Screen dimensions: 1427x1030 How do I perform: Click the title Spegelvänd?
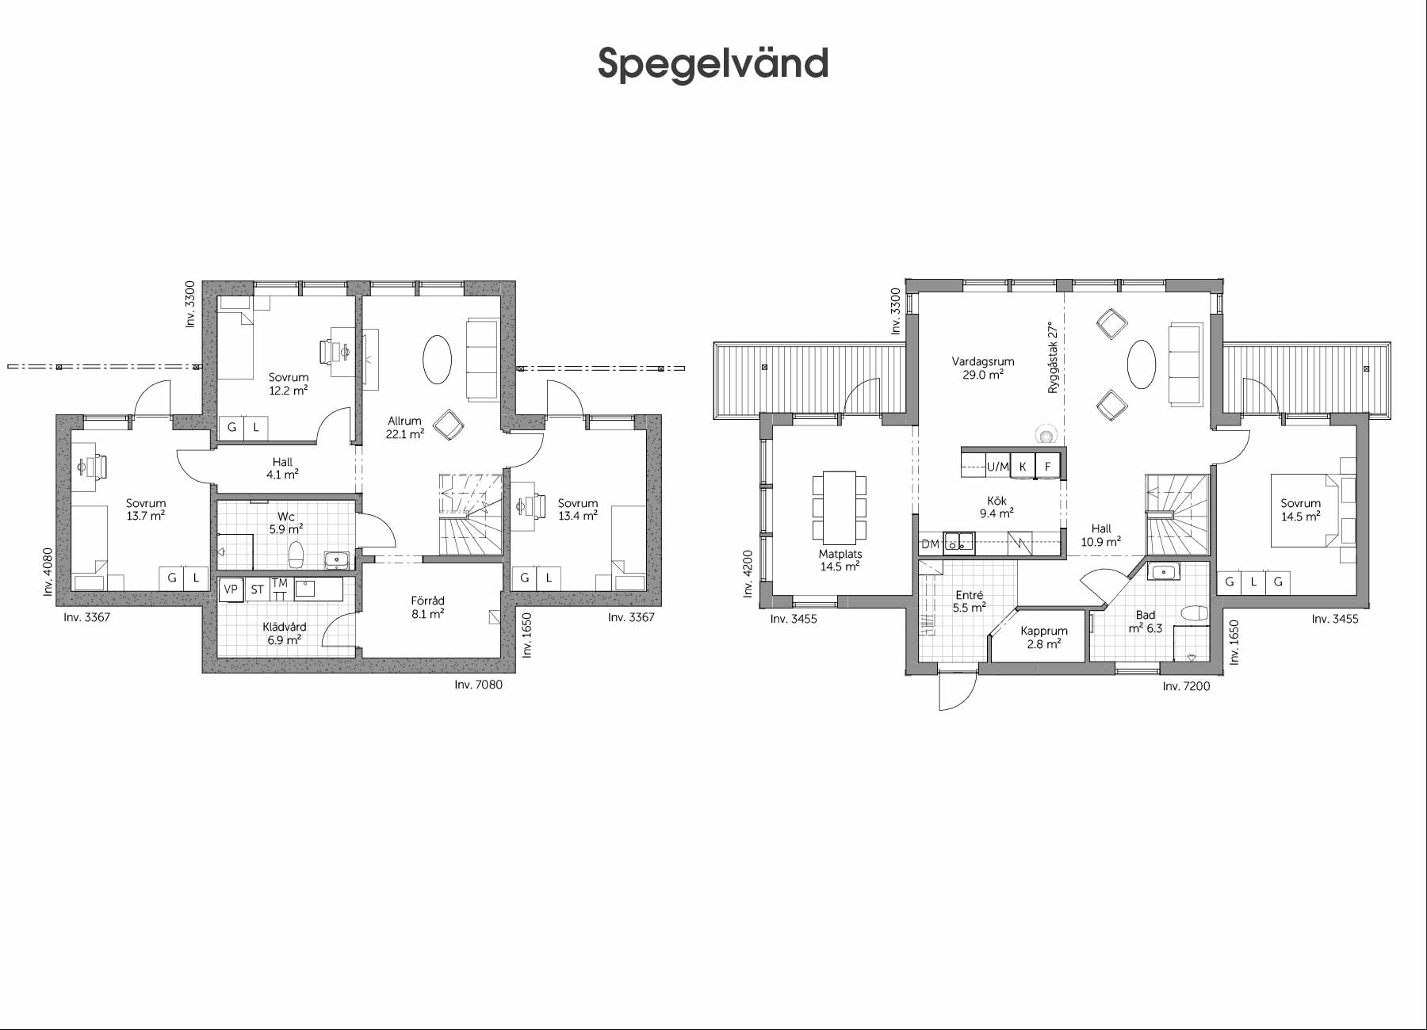(713, 63)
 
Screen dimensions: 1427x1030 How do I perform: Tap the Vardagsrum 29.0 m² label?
(982, 368)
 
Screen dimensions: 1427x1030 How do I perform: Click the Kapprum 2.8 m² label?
(1044, 638)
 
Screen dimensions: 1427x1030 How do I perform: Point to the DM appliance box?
(930, 544)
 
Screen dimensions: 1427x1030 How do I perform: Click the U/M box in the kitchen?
(997, 467)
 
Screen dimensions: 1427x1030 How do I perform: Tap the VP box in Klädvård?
(231, 589)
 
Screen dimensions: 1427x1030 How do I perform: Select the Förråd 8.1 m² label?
(427, 607)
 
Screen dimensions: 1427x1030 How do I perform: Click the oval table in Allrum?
(437, 359)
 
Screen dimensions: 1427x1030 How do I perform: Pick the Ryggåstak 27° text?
(1053, 357)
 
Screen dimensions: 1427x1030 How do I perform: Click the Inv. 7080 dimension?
(478, 685)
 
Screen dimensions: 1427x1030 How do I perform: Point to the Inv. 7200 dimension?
(1187, 686)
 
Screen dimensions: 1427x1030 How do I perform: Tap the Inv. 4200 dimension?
(747, 574)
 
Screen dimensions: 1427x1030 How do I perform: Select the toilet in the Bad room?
(1194, 613)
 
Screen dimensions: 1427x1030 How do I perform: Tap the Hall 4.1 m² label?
(282, 468)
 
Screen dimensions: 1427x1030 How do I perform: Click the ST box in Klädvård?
(257, 589)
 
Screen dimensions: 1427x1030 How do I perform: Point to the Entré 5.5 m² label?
(970, 601)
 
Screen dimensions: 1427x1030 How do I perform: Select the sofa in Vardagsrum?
(1186, 364)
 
